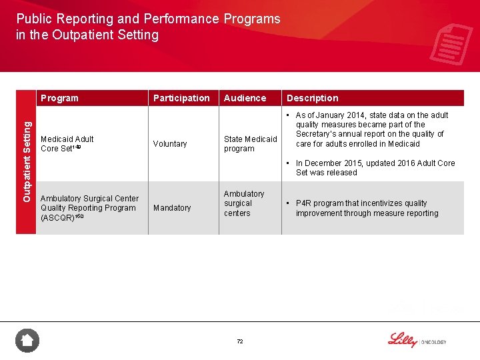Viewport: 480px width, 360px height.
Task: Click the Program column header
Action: (x=59, y=98)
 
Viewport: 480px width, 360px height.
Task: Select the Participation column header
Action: (x=181, y=98)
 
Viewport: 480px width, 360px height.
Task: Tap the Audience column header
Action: (x=245, y=98)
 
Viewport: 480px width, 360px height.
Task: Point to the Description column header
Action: (x=312, y=98)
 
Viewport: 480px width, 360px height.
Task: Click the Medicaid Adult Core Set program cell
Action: (x=67, y=143)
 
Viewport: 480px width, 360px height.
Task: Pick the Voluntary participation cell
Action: (x=170, y=144)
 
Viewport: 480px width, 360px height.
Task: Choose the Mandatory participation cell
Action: (x=172, y=208)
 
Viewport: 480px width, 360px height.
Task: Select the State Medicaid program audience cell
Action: (x=250, y=144)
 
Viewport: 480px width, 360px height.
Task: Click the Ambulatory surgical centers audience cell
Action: (x=243, y=203)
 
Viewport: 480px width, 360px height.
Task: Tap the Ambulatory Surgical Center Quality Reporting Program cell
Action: (x=89, y=208)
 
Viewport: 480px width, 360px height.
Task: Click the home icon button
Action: (x=27, y=341)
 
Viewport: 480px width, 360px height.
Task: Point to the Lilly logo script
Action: (x=402, y=339)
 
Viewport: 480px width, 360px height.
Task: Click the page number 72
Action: (x=240, y=341)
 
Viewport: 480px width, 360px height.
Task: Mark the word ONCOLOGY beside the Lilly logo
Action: (x=433, y=342)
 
